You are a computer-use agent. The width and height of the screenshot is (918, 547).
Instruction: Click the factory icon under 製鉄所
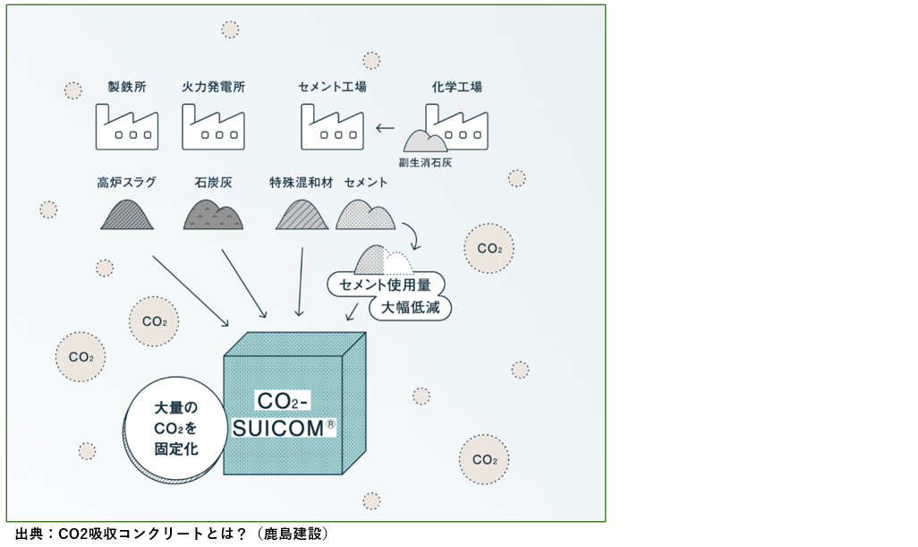click(127, 127)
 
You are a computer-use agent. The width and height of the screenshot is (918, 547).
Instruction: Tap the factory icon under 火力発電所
click(213, 127)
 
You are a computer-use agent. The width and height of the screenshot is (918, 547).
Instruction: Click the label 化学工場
click(456, 88)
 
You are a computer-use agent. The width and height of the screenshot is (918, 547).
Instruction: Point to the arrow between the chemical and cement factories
click(386, 128)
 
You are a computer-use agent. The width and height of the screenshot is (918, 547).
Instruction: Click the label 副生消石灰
click(425, 162)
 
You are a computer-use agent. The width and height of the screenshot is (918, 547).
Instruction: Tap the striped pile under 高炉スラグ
click(127, 216)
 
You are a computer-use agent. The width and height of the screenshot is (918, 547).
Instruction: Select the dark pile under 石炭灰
click(213, 216)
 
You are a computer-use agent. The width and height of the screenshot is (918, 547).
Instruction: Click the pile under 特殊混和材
click(302, 216)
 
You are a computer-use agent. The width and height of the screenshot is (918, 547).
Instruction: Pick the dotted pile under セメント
click(365, 216)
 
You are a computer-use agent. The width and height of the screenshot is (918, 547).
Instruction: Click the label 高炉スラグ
click(127, 183)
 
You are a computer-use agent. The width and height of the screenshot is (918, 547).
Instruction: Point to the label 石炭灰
click(213, 183)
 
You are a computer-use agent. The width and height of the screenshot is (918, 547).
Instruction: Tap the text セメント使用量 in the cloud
click(386, 286)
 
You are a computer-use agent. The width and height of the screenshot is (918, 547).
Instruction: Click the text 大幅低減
click(411, 308)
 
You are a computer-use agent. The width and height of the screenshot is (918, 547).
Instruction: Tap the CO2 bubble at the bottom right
click(484, 460)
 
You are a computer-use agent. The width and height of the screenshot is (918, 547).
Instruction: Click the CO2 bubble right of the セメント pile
click(489, 248)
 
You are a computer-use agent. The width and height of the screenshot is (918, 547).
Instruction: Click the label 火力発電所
click(213, 88)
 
